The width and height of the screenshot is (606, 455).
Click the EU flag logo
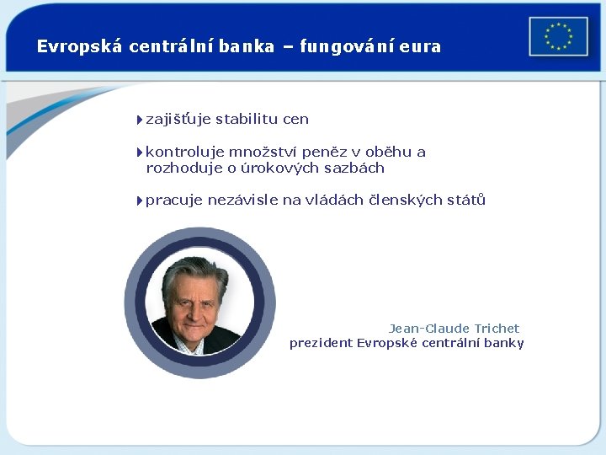point(558,37)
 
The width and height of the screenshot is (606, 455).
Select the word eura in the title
point(420,47)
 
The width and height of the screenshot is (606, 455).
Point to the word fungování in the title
point(348,47)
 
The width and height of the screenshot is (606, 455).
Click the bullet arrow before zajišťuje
point(139,120)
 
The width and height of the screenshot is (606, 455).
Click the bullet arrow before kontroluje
point(139,153)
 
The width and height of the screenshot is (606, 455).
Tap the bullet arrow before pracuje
point(139,201)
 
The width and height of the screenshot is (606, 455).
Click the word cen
point(296,120)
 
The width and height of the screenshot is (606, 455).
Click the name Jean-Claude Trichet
point(454,329)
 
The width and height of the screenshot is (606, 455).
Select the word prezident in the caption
point(321,343)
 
